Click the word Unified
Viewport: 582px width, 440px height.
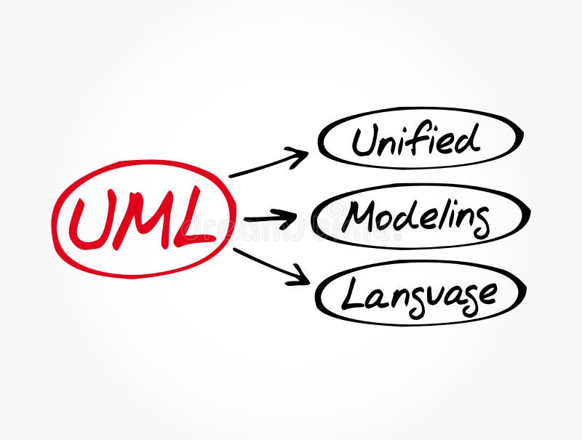click(416, 139)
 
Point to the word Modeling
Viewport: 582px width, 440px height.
click(415, 216)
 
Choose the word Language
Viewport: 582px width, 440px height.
click(419, 294)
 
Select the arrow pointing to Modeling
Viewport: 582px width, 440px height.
click(270, 217)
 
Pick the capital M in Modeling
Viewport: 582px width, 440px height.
click(359, 215)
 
